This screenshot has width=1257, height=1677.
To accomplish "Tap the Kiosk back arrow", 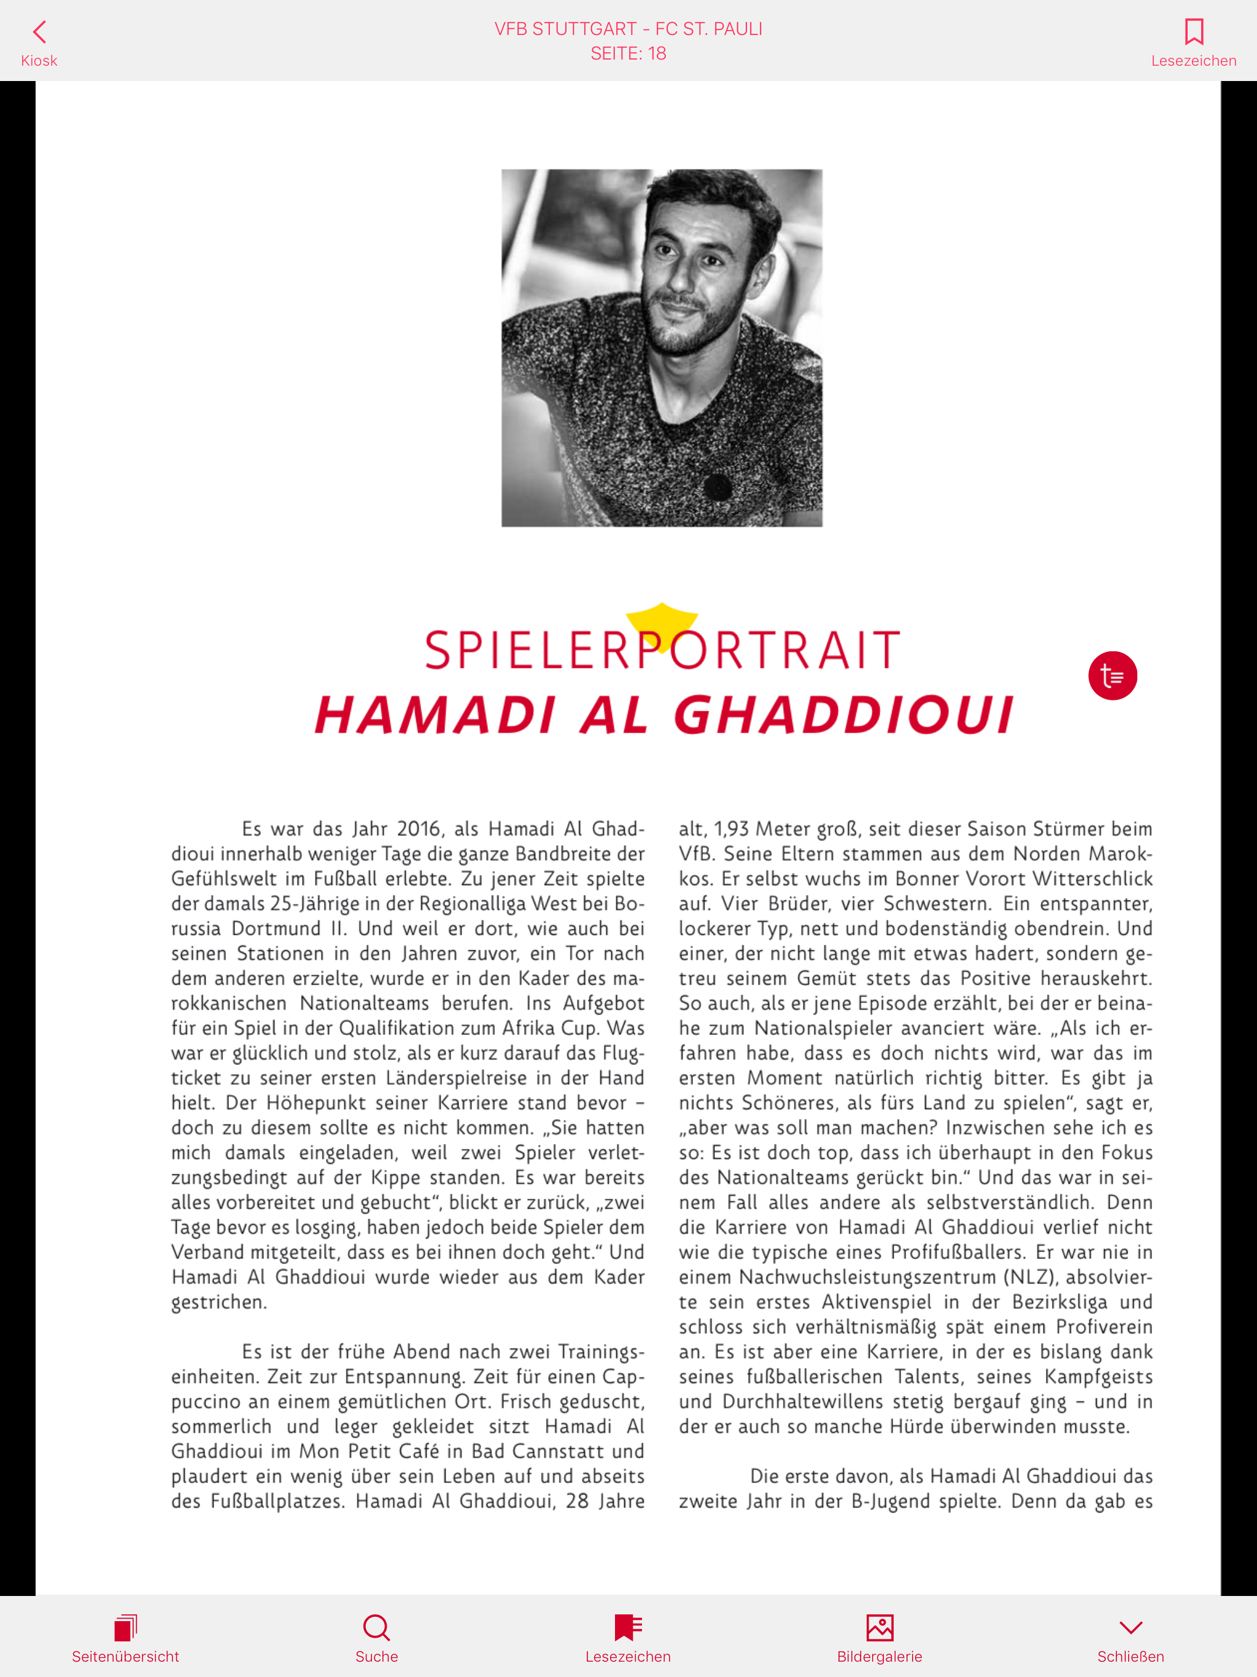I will point(39,32).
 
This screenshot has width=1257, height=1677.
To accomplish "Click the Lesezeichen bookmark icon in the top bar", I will point(1193,32).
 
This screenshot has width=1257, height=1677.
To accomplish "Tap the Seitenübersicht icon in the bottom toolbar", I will point(125,1627).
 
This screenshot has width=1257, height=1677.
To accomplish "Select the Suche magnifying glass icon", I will point(376,1627).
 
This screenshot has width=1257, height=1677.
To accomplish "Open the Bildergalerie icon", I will point(880,1627).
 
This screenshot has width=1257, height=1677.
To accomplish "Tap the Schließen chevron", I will point(1131,1627).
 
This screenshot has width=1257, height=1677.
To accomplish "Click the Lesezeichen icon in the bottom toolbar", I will point(628,1627).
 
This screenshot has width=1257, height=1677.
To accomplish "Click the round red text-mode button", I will point(1112,675).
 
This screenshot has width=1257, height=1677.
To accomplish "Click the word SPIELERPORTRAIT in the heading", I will point(662,651).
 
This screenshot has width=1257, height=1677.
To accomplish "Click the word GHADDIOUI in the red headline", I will point(843,715).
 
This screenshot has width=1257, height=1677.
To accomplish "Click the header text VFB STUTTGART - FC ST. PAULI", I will point(628,29).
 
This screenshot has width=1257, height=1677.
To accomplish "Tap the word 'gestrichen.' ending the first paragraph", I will point(219,1303).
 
